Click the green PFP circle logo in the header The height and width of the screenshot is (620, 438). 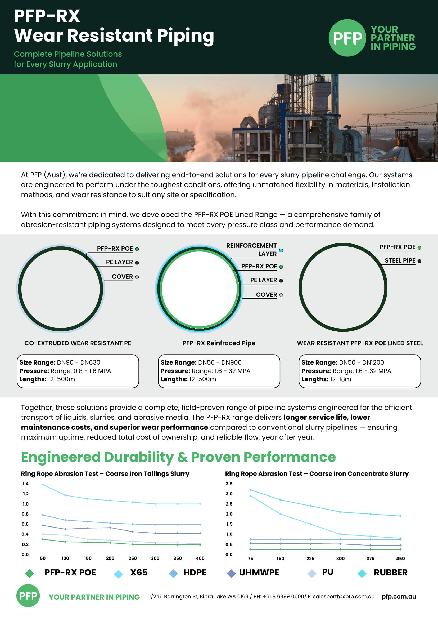tap(347, 38)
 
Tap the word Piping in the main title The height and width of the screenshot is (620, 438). tap(185, 36)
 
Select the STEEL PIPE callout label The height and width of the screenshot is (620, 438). tap(400, 260)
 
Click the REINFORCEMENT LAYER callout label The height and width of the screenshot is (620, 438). tap(251, 250)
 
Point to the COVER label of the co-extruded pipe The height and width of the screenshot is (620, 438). tap(122, 277)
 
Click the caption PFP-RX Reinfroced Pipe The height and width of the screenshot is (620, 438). tap(218, 343)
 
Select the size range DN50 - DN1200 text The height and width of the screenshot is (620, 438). tap(361, 362)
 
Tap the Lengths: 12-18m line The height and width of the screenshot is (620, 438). tap(326, 379)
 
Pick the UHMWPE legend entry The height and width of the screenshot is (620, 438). tap(259, 573)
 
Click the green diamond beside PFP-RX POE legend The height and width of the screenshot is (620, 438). tap(29, 573)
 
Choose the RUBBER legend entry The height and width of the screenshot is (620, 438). tap(390, 573)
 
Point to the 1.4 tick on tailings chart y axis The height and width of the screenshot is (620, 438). tap(25, 484)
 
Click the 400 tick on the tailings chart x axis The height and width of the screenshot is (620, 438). tap(200, 558)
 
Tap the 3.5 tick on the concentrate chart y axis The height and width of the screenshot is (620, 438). tap(229, 484)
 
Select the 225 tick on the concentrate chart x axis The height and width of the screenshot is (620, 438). tap(310, 559)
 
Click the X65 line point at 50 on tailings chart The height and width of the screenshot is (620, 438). tap(43, 485)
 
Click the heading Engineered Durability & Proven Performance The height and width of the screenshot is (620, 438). tap(178, 457)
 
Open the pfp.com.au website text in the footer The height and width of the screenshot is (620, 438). tap(399, 596)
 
